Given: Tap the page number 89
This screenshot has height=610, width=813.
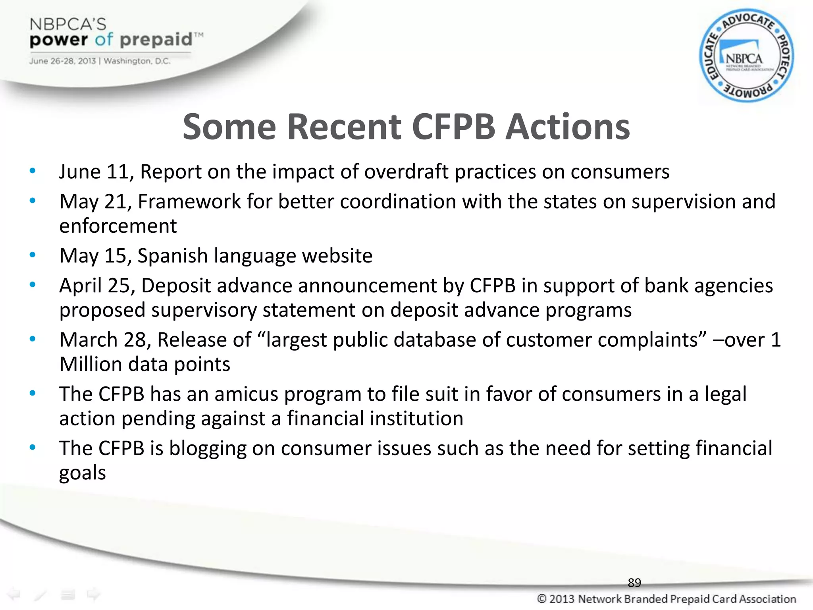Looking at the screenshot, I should (x=634, y=583).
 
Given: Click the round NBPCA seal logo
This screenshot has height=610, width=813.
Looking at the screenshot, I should (x=746, y=56).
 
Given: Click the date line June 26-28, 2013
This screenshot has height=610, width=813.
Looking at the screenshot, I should (x=63, y=61).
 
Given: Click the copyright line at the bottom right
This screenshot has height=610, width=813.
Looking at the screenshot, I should (x=666, y=599).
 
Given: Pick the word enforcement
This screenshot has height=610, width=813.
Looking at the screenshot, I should (x=118, y=226).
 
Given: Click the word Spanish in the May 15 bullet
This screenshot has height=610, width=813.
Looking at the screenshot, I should (x=172, y=256).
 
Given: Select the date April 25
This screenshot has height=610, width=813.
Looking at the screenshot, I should (x=97, y=286).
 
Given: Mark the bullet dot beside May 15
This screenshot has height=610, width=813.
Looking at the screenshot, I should (x=33, y=255).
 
